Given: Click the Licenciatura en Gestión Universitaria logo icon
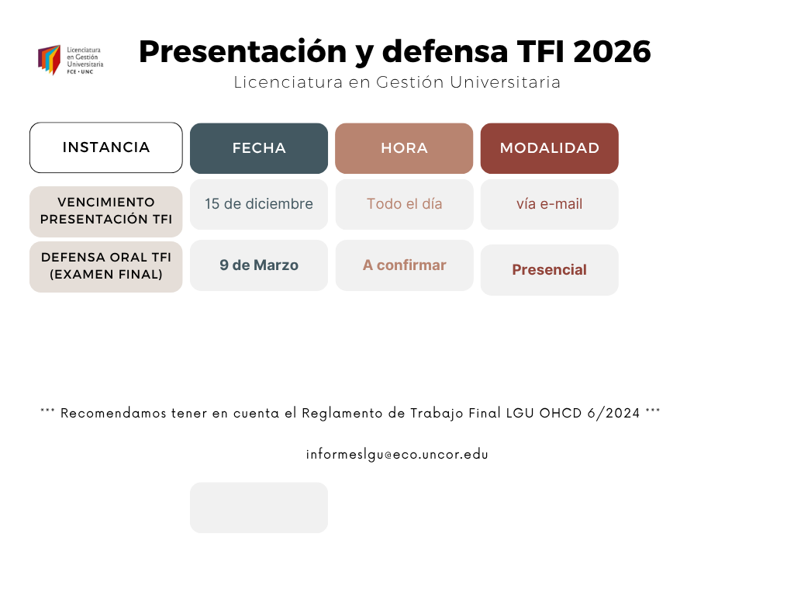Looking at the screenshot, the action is [x=49, y=60].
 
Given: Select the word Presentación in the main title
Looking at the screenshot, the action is [x=243, y=51].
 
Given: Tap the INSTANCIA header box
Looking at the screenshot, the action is [x=105, y=147].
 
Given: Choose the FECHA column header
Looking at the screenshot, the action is [x=259, y=148].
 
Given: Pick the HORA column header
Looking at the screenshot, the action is [x=404, y=148].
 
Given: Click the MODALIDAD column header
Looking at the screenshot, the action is [x=550, y=148].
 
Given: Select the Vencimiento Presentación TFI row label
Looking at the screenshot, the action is [x=105, y=211].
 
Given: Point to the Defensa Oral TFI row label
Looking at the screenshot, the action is [x=105, y=267].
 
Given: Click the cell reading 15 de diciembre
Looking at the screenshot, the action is [x=259, y=204].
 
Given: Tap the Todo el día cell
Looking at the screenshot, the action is [x=404, y=204].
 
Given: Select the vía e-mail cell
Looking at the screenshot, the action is [x=550, y=204].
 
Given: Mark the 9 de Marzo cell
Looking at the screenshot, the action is [x=259, y=265].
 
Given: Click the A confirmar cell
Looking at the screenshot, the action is [x=404, y=265].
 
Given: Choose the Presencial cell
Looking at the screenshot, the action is [x=550, y=270].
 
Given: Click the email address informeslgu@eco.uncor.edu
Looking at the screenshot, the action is [x=397, y=455].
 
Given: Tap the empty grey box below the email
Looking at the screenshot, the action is [x=259, y=508].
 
